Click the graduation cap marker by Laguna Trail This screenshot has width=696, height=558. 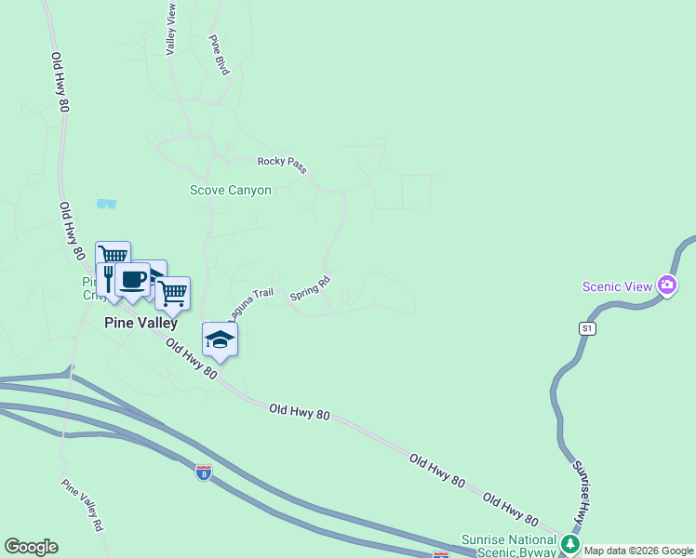(220, 339)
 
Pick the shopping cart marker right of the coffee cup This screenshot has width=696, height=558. (172, 293)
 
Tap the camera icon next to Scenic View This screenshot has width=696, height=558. (666, 286)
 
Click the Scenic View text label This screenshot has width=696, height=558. (618, 286)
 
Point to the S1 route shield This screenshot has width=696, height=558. (586, 328)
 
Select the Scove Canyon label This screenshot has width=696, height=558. (231, 190)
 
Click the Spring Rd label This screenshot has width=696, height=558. (310, 287)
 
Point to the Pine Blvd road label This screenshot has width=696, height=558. (219, 56)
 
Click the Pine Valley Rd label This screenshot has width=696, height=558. (82, 504)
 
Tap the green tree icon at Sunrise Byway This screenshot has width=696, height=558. (569, 542)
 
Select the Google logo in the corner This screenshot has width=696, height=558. (31, 546)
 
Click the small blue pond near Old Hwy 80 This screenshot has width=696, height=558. (106, 202)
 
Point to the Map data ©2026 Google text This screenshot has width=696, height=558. (639, 551)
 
